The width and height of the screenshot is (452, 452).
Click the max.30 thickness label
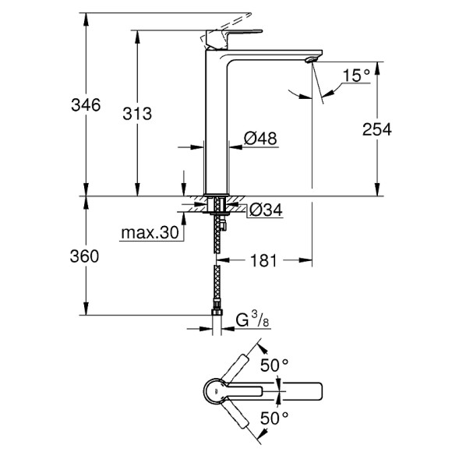coord(150,233)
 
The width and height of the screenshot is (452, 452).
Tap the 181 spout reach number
coord(263,261)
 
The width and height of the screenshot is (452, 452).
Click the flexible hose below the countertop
coord(216,273)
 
